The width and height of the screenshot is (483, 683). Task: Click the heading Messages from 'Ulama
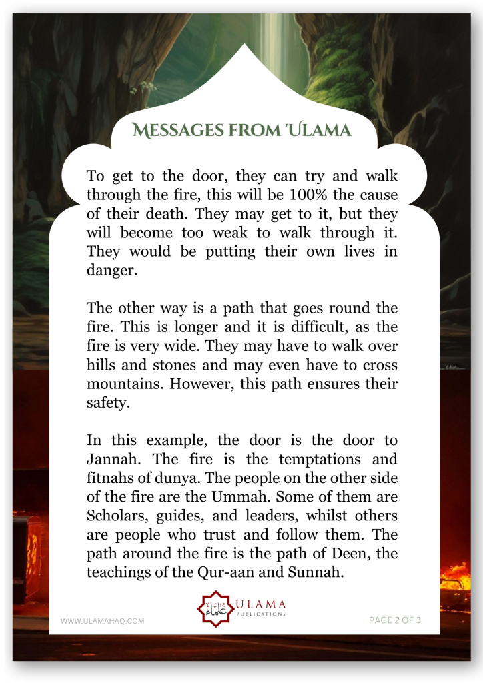(241, 131)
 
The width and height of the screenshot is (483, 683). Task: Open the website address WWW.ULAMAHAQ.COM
(102, 621)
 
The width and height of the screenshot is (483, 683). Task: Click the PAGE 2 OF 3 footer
(395, 620)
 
